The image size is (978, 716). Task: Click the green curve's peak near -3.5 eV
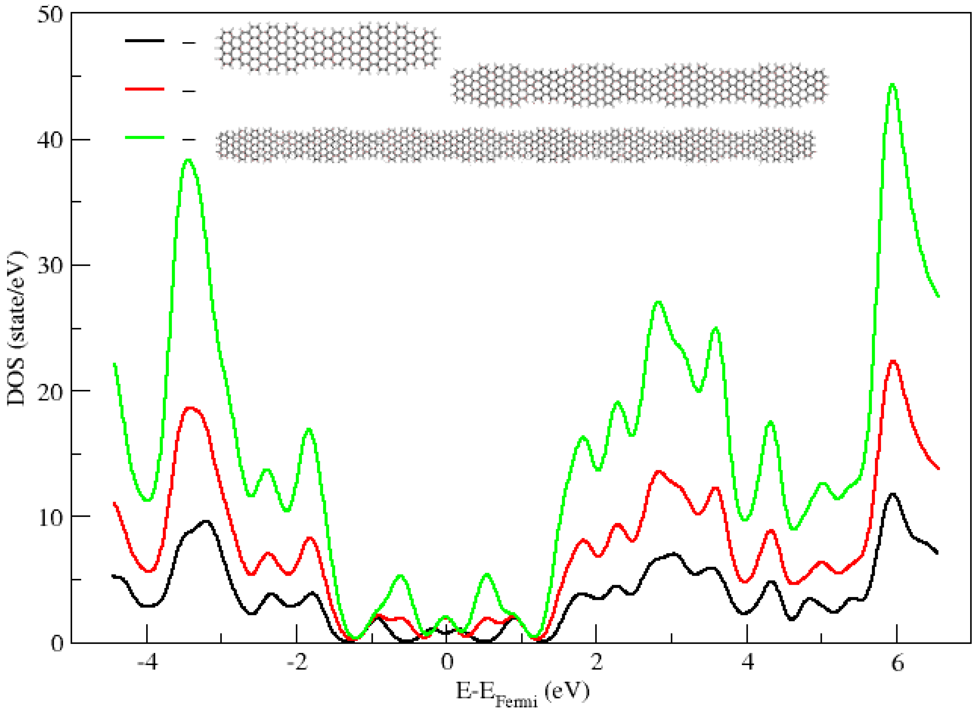coord(188,160)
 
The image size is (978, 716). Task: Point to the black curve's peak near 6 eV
coord(892,494)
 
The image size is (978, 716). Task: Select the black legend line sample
coord(145,41)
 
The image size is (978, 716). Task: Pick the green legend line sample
coord(145,138)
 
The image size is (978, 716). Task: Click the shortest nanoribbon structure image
coord(328,48)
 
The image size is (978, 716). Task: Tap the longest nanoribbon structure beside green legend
coord(516,145)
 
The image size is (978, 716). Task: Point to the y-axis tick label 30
coord(50,265)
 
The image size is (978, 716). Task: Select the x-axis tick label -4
coord(147,663)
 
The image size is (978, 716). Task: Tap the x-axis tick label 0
coord(447,663)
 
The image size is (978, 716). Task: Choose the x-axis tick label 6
coord(897,663)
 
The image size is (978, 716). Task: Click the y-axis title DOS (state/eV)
coord(16,328)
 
